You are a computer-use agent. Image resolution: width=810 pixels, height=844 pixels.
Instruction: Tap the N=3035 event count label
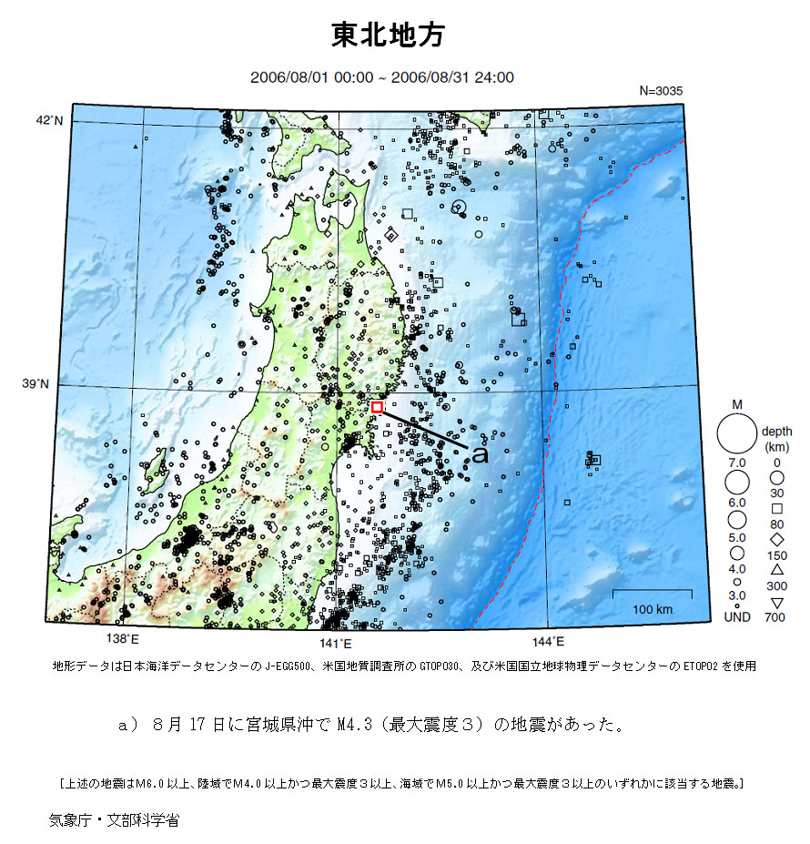[x=661, y=91]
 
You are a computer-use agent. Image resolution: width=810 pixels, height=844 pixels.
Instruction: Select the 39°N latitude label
[x=36, y=385]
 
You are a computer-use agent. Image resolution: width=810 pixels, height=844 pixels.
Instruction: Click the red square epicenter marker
[x=377, y=407]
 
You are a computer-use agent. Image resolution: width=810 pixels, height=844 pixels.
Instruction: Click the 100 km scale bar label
[x=652, y=608]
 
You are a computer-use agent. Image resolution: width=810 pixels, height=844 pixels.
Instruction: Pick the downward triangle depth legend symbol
[x=777, y=603]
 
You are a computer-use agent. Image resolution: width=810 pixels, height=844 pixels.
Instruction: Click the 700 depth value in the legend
[x=777, y=618]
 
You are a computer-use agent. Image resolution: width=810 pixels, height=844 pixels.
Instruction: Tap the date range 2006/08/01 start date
[x=286, y=77]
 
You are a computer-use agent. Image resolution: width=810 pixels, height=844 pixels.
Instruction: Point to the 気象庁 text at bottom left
[x=70, y=819]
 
